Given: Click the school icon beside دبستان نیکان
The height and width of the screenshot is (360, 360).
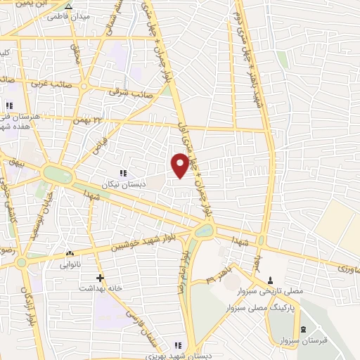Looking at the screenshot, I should [x=123, y=172].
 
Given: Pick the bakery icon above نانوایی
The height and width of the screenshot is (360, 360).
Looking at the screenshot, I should [x=69, y=253].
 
